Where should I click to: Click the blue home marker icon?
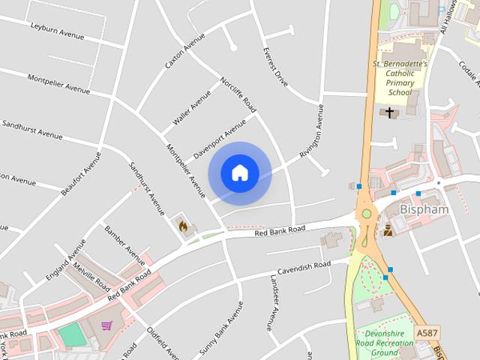coord(240,173)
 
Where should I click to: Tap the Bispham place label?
coord(424,209)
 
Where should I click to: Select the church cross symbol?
coord(389,112)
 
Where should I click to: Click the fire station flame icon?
coord(182,224)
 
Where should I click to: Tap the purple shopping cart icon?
coord(106,326)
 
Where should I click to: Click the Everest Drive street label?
coord(275,68)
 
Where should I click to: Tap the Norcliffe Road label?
coord(238,94)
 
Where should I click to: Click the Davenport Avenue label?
coord(220,137)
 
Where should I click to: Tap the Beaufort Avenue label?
coord(81,173)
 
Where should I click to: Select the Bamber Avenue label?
coord(124,241)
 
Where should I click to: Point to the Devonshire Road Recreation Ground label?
coord(387,342)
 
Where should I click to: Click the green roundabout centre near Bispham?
coord(367,214)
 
